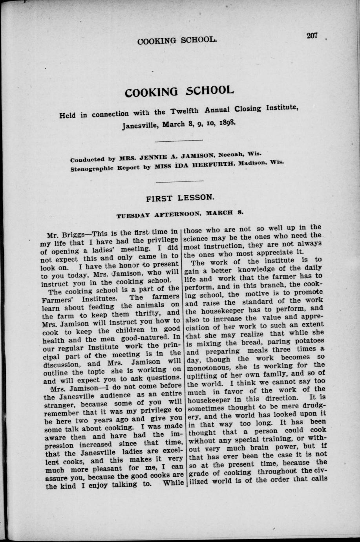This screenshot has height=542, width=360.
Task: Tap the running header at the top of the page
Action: (x=177, y=40)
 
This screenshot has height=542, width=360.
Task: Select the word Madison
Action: (x=255, y=163)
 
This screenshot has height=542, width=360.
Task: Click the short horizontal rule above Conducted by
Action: (x=179, y=140)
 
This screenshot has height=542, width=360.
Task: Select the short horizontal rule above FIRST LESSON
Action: (x=179, y=181)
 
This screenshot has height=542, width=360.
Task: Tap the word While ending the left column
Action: (x=173, y=483)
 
